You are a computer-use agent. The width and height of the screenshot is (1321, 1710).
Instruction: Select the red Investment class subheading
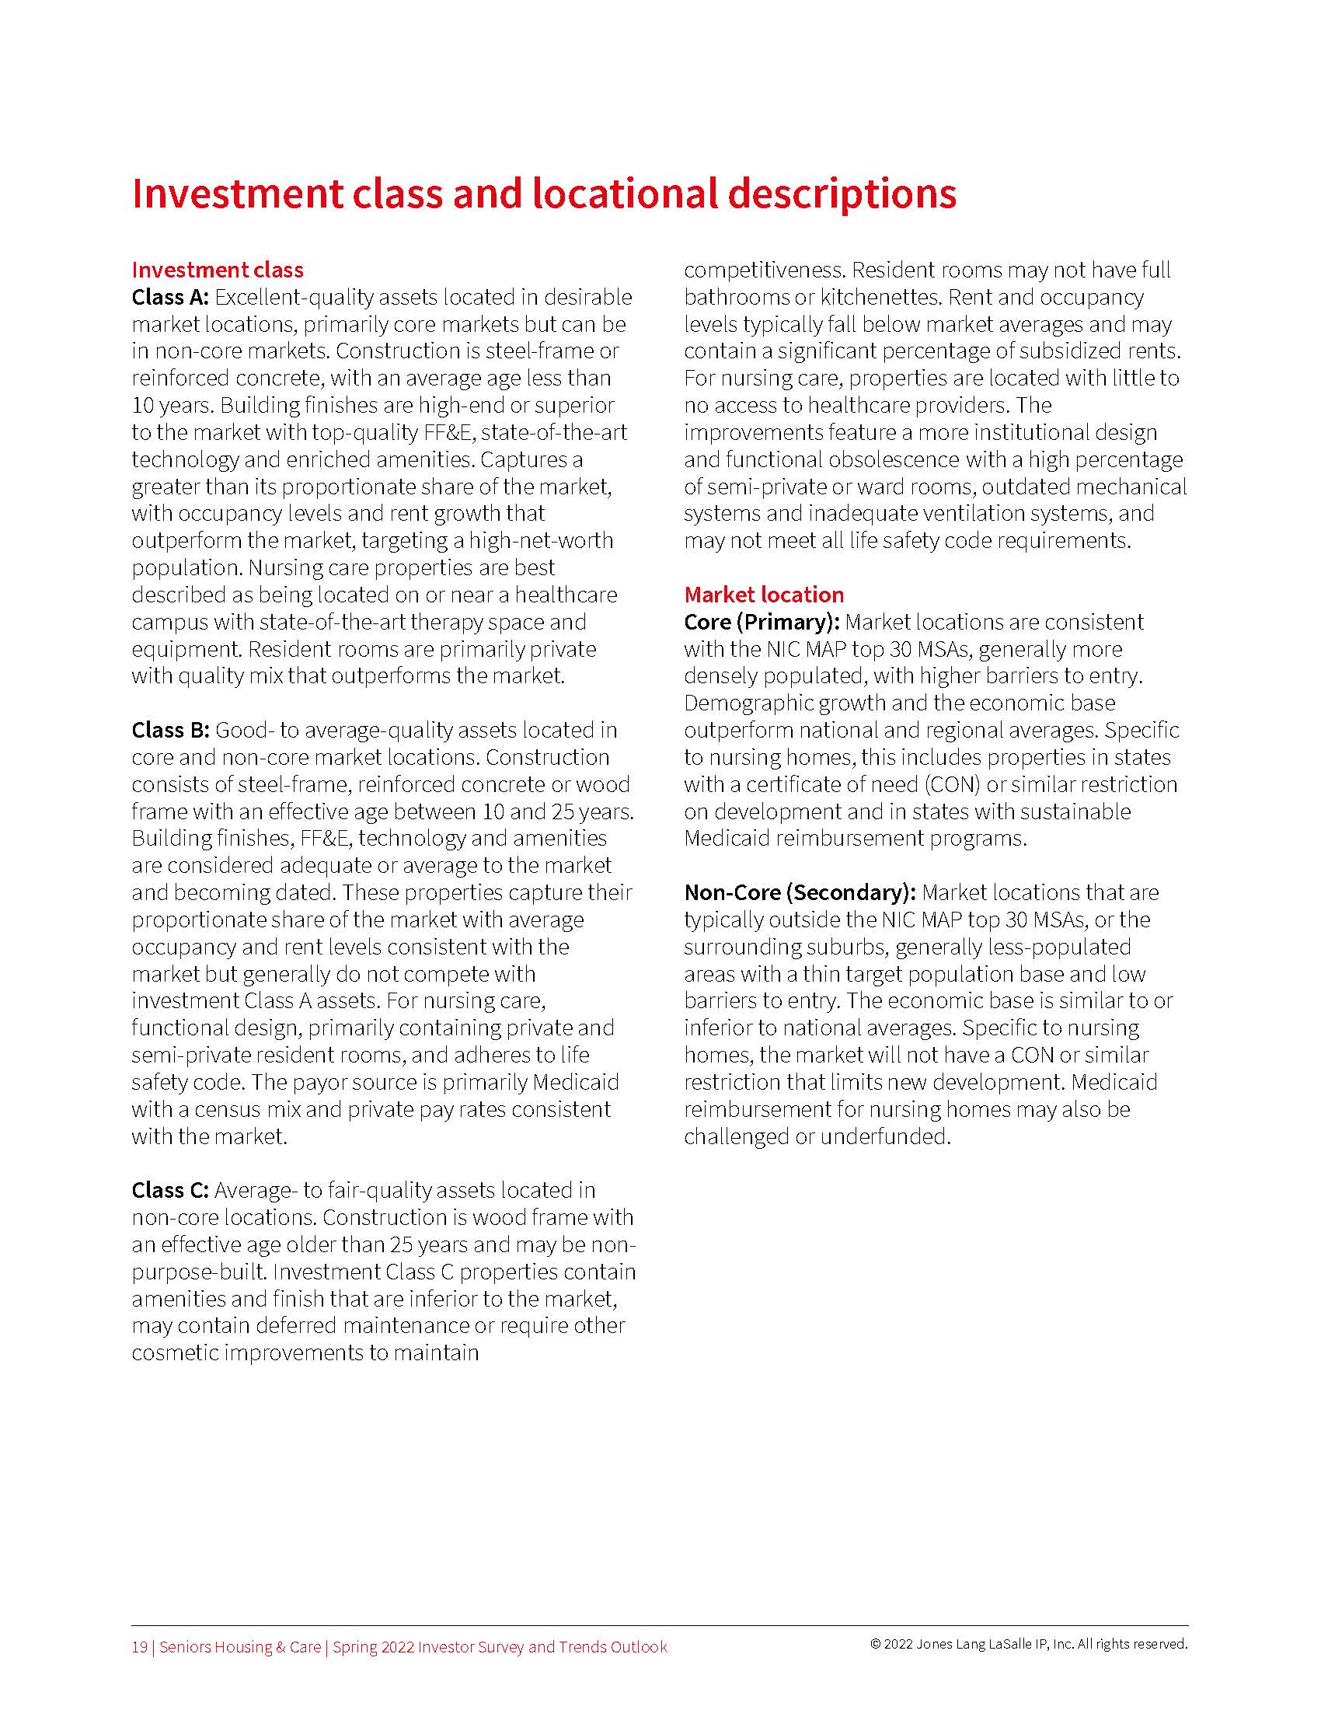pyautogui.click(x=218, y=270)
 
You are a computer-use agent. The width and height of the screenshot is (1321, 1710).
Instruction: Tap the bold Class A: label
pyautogui.click(x=170, y=298)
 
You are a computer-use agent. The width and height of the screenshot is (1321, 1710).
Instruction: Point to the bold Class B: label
pyautogui.click(x=170, y=730)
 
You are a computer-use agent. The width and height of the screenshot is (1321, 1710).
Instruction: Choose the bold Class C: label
pyautogui.click(x=170, y=1190)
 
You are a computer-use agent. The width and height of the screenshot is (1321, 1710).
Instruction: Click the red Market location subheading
pyautogui.click(x=764, y=595)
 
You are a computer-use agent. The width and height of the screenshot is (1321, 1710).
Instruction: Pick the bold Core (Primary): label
pyautogui.click(x=762, y=622)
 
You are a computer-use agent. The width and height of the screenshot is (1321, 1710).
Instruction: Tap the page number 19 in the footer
pyautogui.click(x=139, y=1646)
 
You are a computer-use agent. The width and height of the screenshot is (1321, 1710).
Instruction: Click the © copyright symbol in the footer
pyautogui.click(x=875, y=1644)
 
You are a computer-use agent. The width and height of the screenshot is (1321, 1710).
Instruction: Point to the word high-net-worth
pyautogui.click(x=542, y=540)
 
